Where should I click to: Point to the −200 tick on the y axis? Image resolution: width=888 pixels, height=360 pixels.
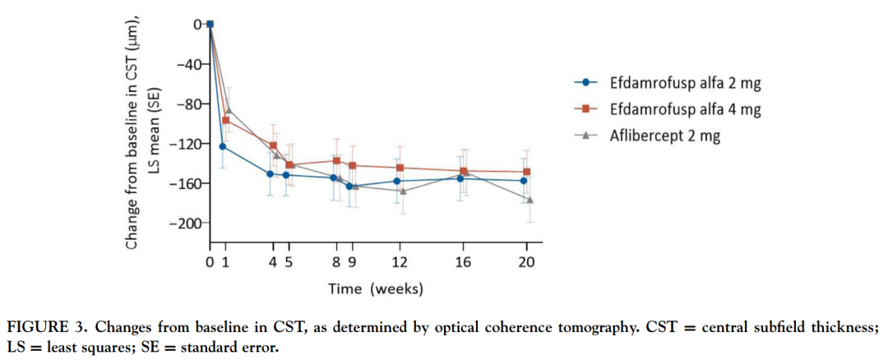[187, 223]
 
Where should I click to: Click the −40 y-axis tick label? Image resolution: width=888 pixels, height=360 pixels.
[190, 64]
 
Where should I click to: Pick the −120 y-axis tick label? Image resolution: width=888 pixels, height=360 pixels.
[187, 144]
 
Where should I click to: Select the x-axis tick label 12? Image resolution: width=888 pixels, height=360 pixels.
[400, 262]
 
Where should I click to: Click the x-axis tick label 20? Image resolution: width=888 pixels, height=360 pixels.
[526, 262]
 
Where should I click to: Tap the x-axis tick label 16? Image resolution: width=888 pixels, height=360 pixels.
[463, 262]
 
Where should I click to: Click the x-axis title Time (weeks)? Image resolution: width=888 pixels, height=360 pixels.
[375, 288]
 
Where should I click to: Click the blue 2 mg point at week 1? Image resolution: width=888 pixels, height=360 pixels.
[223, 146]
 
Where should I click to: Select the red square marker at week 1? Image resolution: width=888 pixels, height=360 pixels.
[226, 120]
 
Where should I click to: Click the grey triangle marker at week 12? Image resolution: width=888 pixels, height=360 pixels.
[400, 191]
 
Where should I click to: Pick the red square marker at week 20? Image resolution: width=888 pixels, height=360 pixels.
[527, 172]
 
